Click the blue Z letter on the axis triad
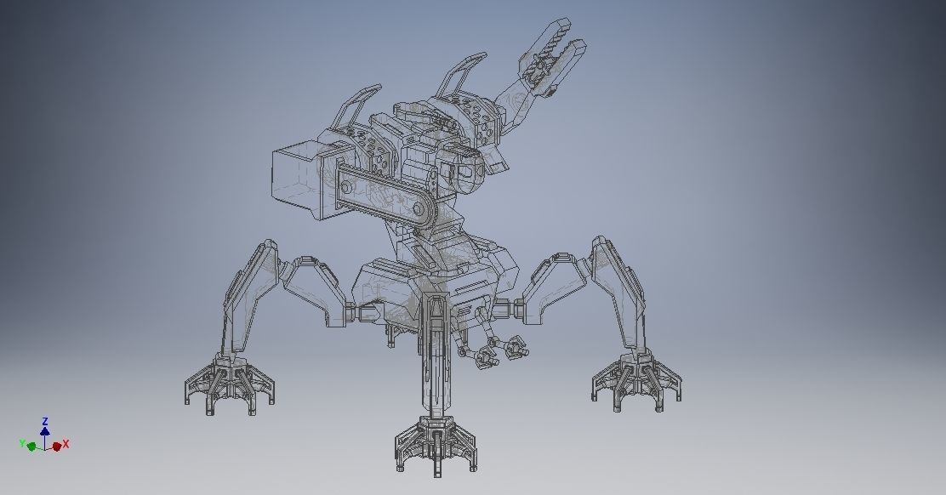click(x=45, y=420)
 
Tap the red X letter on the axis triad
click(x=66, y=444)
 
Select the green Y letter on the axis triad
click(x=22, y=443)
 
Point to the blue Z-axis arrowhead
click(x=45, y=431)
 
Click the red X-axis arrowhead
click(x=57, y=446)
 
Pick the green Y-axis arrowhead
click(x=31, y=445)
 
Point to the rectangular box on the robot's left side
click(x=297, y=174)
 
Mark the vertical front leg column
click(x=436, y=357)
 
